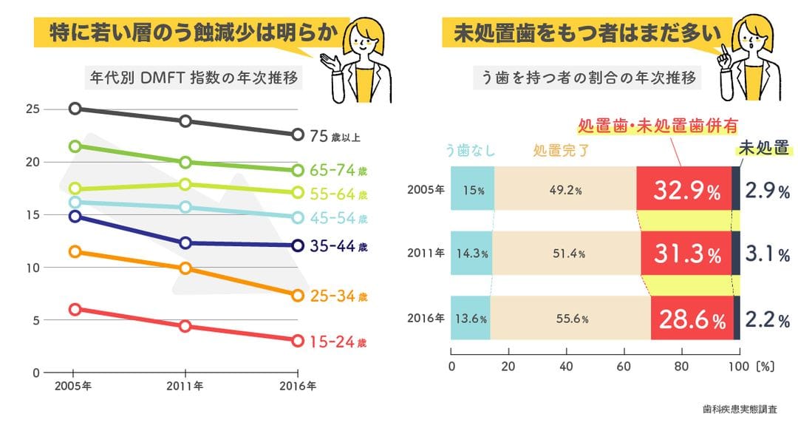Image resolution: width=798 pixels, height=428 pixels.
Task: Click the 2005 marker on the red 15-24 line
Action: point(75,310)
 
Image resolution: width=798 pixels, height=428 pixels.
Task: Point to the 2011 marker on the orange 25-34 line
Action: point(185,268)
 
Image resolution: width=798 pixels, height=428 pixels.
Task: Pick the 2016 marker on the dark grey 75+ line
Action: point(297,135)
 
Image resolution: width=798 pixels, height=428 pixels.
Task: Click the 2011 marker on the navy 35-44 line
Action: point(185,243)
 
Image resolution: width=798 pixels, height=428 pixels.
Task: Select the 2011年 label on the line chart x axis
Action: point(185,386)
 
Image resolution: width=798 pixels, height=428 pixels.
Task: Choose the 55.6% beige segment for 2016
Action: point(570,319)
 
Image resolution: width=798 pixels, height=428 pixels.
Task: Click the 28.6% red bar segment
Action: point(692,319)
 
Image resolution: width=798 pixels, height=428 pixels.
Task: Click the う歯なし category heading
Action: point(470,149)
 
